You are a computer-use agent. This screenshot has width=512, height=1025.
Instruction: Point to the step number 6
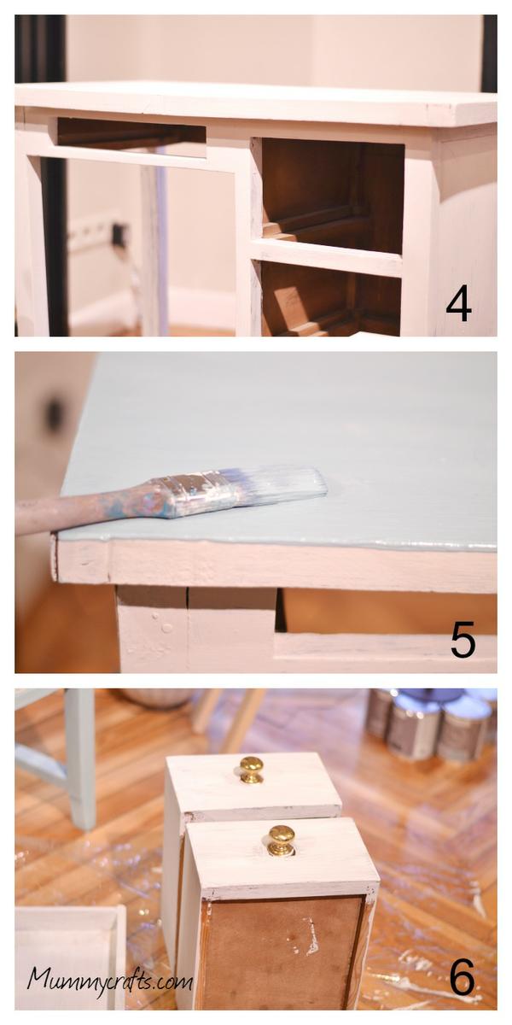(463, 976)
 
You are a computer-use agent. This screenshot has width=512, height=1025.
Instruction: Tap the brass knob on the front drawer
(281, 840)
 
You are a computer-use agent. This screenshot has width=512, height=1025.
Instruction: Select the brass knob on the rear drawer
(252, 770)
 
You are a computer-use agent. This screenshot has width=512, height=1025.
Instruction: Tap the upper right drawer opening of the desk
(333, 195)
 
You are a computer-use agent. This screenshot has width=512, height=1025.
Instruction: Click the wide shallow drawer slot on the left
(131, 132)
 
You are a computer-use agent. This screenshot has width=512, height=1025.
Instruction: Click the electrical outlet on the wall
(119, 233)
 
